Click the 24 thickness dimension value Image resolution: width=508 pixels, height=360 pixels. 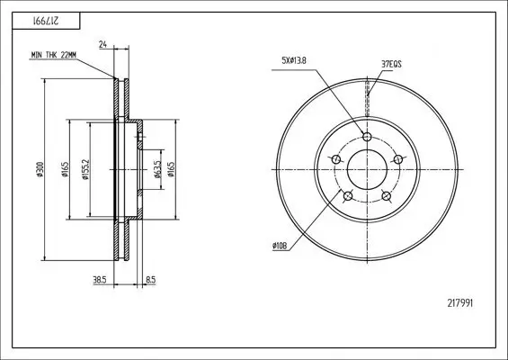click(103, 44)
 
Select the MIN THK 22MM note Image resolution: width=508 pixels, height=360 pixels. click(54, 55)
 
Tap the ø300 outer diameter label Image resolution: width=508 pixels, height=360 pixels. click(40, 169)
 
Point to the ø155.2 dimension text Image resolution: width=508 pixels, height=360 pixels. click(85, 169)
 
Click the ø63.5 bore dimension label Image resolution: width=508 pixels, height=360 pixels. click(157, 169)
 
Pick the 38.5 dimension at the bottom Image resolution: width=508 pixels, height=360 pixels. click(100, 280)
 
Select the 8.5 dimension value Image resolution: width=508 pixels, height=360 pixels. click(151, 280)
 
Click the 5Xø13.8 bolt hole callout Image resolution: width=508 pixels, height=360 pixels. click(294, 60)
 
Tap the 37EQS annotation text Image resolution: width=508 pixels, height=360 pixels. click(391, 64)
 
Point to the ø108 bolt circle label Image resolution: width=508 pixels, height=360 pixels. click(280, 247)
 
